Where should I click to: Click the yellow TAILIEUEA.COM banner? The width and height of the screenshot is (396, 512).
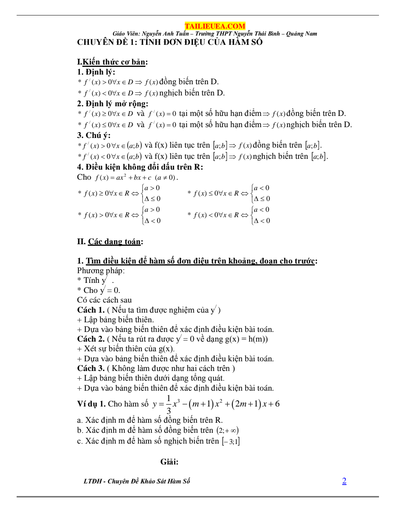[x=215, y=26]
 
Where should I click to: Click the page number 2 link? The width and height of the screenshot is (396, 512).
[x=344, y=481]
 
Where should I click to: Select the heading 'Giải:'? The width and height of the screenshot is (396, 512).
[x=169, y=462]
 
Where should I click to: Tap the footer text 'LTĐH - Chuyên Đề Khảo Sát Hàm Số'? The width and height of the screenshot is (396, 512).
[x=137, y=481]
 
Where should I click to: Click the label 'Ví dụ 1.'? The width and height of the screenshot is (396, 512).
[x=91, y=404]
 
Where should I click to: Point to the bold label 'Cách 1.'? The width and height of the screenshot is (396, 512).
[x=91, y=310]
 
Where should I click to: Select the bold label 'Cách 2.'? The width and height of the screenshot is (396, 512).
[x=91, y=339]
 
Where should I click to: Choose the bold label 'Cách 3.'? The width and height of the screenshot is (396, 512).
[x=91, y=368]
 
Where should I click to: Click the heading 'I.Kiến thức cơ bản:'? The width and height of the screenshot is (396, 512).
[x=112, y=62]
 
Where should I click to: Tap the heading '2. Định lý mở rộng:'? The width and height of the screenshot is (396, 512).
[x=113, y=104]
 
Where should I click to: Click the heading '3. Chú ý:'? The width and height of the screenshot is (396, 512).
[x=94, y=135]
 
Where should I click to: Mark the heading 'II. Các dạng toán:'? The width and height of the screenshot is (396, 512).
[x=110, y=242]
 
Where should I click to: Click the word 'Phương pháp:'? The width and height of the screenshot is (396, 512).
[x=101, y=270]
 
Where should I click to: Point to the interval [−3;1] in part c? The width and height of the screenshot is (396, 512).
[x=230, y=441]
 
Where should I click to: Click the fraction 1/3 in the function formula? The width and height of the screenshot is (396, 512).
[x=169, y=404]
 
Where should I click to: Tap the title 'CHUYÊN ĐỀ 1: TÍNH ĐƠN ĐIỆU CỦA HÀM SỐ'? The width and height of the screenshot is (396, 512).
[x=170, y=42]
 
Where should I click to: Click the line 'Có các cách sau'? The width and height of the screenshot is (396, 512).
[x=104, y=300]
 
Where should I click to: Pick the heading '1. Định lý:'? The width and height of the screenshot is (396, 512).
[x=96, y=72]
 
